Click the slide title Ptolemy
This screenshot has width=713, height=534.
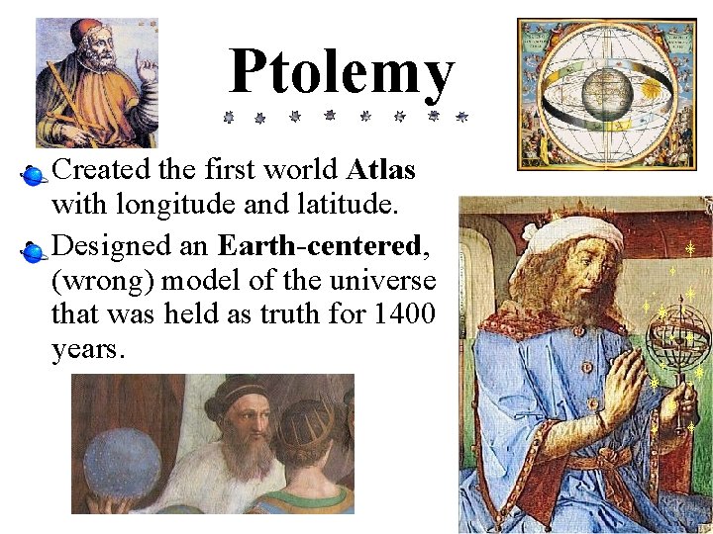(x=342, y=74)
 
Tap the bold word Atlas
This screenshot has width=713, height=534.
(x=380, y=171)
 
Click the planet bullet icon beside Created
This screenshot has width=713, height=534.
(x=34, y=176)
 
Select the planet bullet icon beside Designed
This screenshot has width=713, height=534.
(x=34, y=251)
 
